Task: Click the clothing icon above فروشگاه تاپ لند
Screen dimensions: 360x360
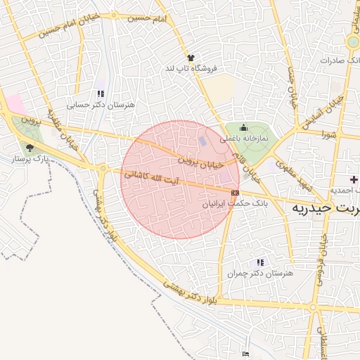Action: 191,58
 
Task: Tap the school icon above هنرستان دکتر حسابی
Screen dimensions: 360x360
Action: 101,94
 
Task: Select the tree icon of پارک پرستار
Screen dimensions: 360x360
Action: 29,148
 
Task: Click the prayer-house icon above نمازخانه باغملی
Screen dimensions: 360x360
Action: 243,127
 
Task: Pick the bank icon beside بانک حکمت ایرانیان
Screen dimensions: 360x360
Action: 235,192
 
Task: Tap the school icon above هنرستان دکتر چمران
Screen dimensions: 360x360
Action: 261,262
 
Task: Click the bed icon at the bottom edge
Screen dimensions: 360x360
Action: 245,354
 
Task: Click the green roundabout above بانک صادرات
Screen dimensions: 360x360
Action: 353,42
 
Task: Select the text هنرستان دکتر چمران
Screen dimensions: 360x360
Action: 259,273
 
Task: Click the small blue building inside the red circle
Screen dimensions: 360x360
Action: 203,141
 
